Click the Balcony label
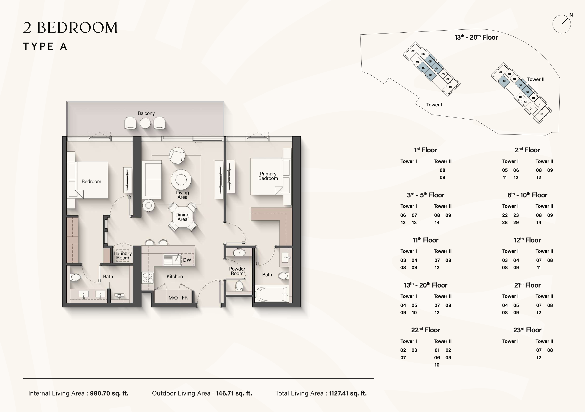146,113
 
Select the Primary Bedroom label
268,176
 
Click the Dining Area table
183,217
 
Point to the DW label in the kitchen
187,260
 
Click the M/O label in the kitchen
173,298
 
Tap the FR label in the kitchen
185,298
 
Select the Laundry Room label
123,256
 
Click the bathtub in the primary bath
272,294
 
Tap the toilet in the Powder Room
239,286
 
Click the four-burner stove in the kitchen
148,278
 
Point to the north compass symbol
562,24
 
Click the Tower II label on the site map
536,79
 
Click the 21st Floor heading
527,285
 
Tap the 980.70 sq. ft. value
109,393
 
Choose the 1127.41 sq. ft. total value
348,393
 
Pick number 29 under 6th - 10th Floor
516,223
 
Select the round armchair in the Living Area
177,156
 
